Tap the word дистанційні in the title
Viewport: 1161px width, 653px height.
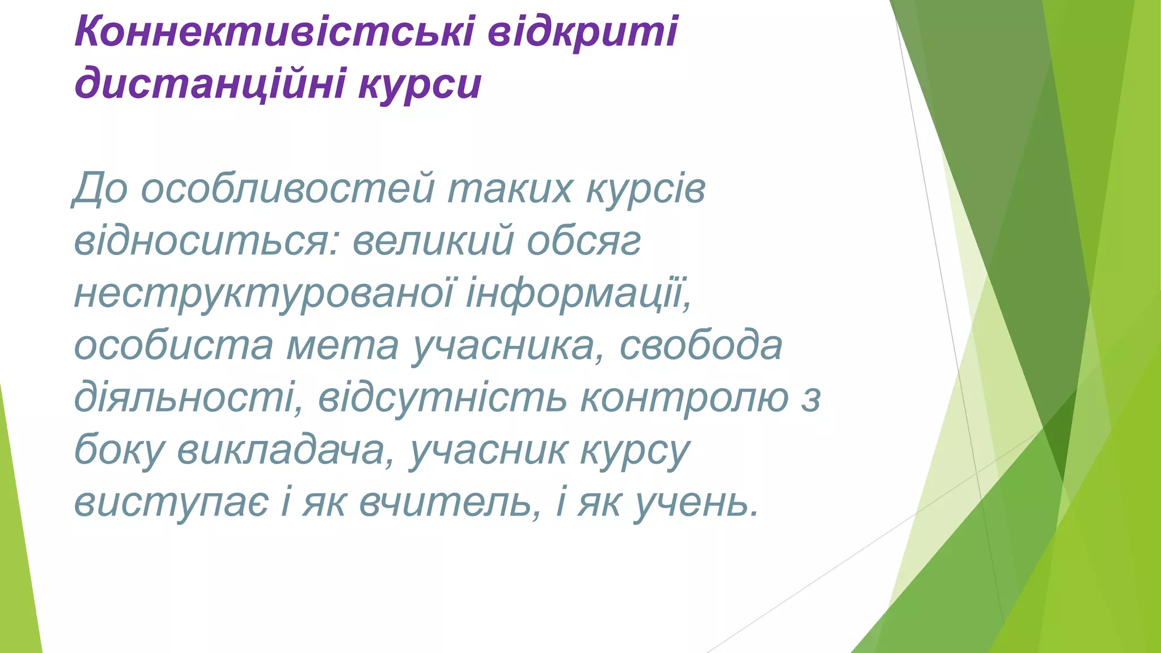(210, 84)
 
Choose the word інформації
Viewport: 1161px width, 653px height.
(578, 293)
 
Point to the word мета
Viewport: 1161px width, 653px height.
(342, 346)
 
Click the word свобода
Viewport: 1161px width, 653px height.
(701, 345)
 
